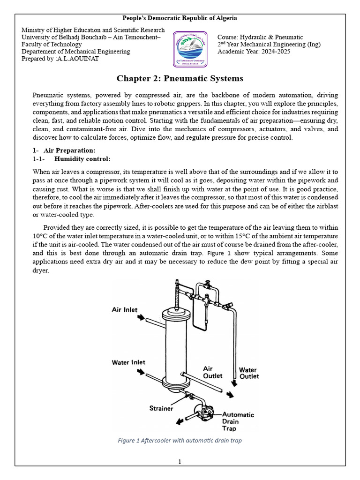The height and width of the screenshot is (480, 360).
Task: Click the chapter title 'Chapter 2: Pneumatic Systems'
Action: click(180, 78)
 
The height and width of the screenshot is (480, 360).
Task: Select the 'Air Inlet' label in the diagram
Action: click(125, 310)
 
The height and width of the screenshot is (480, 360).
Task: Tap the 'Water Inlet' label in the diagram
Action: click(128, 362)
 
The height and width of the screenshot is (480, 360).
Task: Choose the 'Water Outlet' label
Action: click(249, 373)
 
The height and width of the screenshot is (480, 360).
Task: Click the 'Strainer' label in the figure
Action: click(161, 408)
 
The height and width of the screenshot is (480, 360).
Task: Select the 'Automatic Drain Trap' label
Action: click(238, 421)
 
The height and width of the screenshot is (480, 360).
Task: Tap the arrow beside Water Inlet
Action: click(141, 371)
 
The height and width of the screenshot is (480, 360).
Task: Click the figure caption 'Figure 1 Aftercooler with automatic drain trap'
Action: click(180, 440)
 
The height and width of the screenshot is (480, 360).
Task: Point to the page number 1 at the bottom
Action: click(180, 462)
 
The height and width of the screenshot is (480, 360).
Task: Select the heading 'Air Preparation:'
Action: click(69, 150)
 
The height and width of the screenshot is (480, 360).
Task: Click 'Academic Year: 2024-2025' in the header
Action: click(254, 52)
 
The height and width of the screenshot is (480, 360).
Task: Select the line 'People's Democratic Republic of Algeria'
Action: click(180, 18)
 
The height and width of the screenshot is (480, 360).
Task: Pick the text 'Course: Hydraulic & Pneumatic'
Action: click(260, 37)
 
